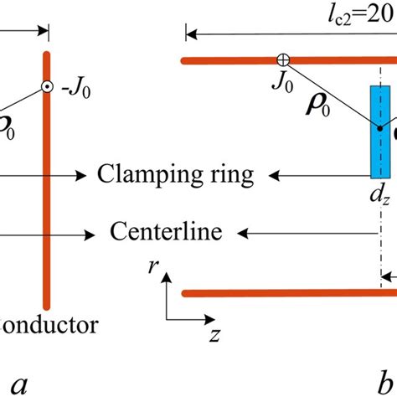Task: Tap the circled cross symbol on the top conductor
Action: click(x=284, y=59)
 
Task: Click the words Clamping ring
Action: click(x=175, y=175)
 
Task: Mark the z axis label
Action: click(x=215, y=335)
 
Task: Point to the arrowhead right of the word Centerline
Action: click(x=240, y=229)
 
